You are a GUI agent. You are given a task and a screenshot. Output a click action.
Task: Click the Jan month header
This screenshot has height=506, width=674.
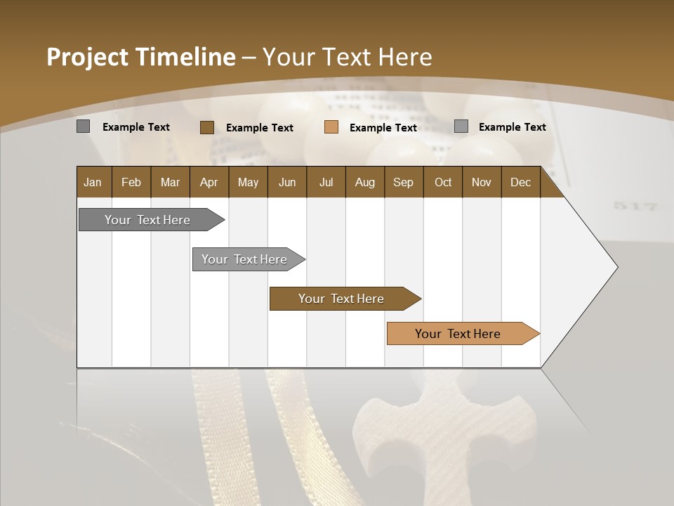93,182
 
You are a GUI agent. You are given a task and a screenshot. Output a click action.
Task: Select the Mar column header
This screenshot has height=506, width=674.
170,182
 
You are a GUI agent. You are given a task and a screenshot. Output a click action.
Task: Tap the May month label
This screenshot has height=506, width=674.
248,182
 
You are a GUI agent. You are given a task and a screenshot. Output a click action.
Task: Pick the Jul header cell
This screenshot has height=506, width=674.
326,182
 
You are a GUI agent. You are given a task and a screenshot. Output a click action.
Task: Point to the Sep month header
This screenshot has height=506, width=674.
403,182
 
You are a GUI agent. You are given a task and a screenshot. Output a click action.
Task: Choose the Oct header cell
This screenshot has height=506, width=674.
443,182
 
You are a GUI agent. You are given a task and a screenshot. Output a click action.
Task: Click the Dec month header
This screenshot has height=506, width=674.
520,182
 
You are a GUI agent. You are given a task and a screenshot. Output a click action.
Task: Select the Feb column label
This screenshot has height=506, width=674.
131,182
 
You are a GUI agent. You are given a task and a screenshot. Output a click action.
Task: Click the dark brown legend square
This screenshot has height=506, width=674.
206,127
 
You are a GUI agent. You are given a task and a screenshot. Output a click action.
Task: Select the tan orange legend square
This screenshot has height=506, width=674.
331,127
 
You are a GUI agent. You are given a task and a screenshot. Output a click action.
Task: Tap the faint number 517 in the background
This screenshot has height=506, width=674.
635,207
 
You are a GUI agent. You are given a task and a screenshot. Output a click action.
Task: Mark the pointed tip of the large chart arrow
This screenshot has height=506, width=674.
616,267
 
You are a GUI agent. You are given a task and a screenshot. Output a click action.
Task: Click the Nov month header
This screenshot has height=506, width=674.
481,182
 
